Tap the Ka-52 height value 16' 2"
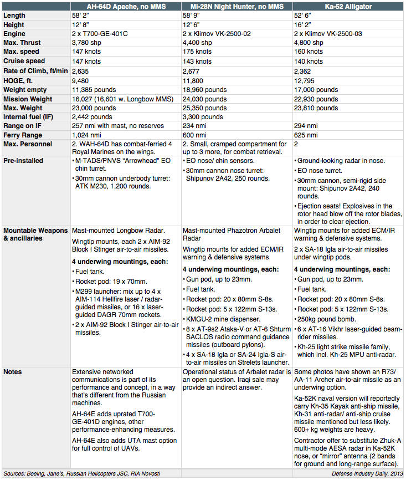coord(304,24)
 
